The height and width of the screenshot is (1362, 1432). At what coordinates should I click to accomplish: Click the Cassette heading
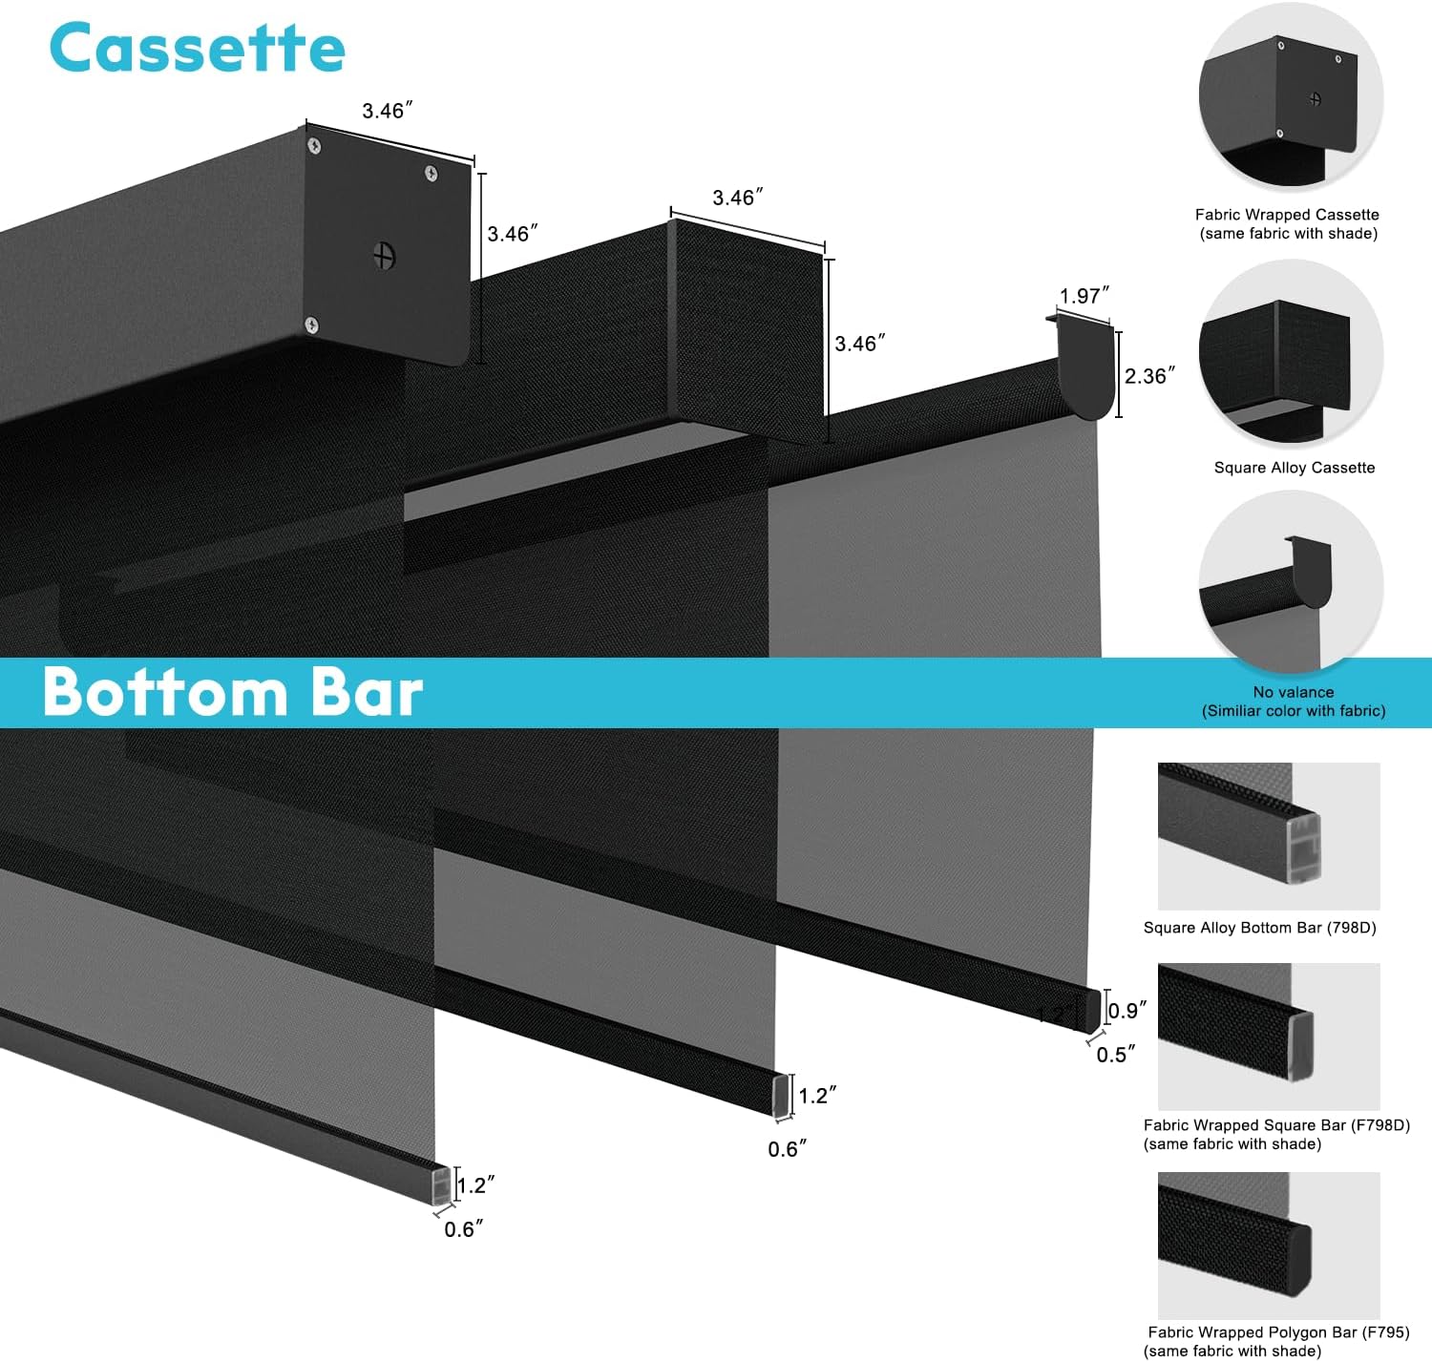197,49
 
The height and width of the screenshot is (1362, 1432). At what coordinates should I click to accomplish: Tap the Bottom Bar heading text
233,692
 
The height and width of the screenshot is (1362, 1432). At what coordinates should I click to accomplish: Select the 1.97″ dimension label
1085,296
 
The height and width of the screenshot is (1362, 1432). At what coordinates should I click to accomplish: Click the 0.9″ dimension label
1127,1011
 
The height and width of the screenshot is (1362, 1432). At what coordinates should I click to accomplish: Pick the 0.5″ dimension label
1115,1055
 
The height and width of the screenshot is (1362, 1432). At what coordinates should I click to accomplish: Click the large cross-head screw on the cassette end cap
385,256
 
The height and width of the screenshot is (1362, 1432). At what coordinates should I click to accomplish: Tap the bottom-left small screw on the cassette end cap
311,325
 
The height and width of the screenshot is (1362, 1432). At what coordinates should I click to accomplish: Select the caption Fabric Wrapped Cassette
1287,215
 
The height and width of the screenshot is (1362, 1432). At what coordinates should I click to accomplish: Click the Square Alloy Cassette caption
1294,468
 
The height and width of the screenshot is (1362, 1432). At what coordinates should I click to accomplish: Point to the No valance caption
1294,692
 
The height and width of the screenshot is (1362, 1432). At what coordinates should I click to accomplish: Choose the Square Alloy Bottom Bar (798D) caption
1259,928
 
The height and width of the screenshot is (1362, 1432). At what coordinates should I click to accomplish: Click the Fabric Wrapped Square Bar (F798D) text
1276,1126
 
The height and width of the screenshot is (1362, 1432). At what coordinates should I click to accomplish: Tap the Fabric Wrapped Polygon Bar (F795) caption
1278,1332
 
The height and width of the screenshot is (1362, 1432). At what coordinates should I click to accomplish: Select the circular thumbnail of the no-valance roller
1291,582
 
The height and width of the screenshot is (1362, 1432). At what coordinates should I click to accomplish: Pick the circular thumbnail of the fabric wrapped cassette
1291,101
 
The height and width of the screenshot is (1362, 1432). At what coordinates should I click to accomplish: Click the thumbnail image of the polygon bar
1269,1245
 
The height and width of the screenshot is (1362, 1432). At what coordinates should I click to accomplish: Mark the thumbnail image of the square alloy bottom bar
1269,836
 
